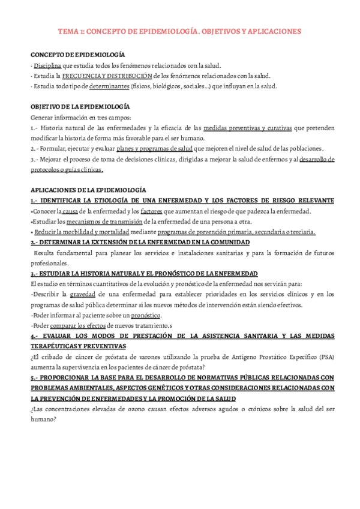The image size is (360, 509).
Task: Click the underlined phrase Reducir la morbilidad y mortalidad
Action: coord(91,232)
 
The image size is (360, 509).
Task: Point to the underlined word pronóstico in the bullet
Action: coord(146,315)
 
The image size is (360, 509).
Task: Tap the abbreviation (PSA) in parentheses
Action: coord(325,357)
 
